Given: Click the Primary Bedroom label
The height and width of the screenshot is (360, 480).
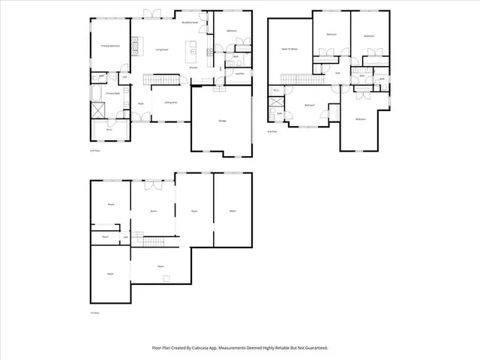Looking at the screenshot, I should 111,46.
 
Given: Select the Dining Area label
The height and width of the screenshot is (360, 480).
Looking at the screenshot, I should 170,102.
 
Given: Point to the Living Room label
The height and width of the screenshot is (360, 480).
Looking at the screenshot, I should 160,49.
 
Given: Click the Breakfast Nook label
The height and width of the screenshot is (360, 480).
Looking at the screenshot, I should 190,22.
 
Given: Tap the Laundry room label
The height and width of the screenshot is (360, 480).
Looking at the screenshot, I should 239,73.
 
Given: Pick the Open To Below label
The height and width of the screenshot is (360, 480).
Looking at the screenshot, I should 289,49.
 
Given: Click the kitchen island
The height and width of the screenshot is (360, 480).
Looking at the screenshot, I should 193,52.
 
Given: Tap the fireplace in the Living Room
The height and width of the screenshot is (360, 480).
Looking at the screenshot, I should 135,46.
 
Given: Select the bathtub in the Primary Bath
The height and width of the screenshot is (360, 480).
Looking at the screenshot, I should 97,94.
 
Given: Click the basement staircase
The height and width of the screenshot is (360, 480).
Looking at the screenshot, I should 154,240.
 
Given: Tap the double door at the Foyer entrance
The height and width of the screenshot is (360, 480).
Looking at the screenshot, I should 139,118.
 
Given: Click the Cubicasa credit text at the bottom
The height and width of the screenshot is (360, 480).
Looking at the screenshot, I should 240,348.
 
